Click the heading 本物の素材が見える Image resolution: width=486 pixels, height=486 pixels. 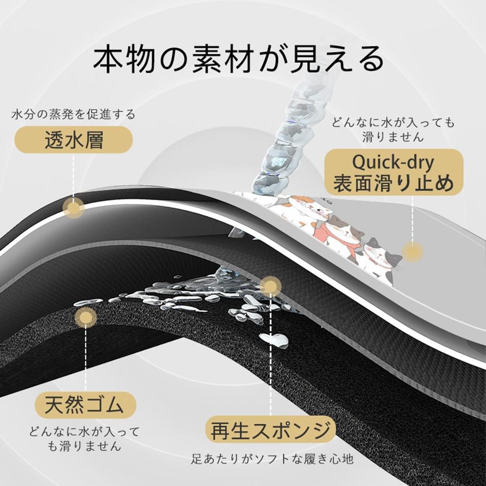pos(238,60)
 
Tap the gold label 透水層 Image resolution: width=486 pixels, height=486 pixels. pos(74,140)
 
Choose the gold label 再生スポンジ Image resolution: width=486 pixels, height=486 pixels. pos(270,430)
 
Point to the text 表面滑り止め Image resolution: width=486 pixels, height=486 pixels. pos(393,183)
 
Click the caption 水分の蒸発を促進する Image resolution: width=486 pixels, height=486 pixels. pos(74,114)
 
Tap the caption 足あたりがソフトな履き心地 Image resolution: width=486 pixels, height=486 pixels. pos(272,459)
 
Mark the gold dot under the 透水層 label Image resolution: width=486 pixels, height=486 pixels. pos(74,208)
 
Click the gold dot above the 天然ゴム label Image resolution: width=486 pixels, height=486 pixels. pos(86,317)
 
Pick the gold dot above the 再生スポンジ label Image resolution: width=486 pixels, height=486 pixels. pos(270,286)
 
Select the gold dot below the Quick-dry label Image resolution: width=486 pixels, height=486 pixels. pos(412,251)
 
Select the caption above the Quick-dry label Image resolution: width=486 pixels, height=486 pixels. pos(393,130)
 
